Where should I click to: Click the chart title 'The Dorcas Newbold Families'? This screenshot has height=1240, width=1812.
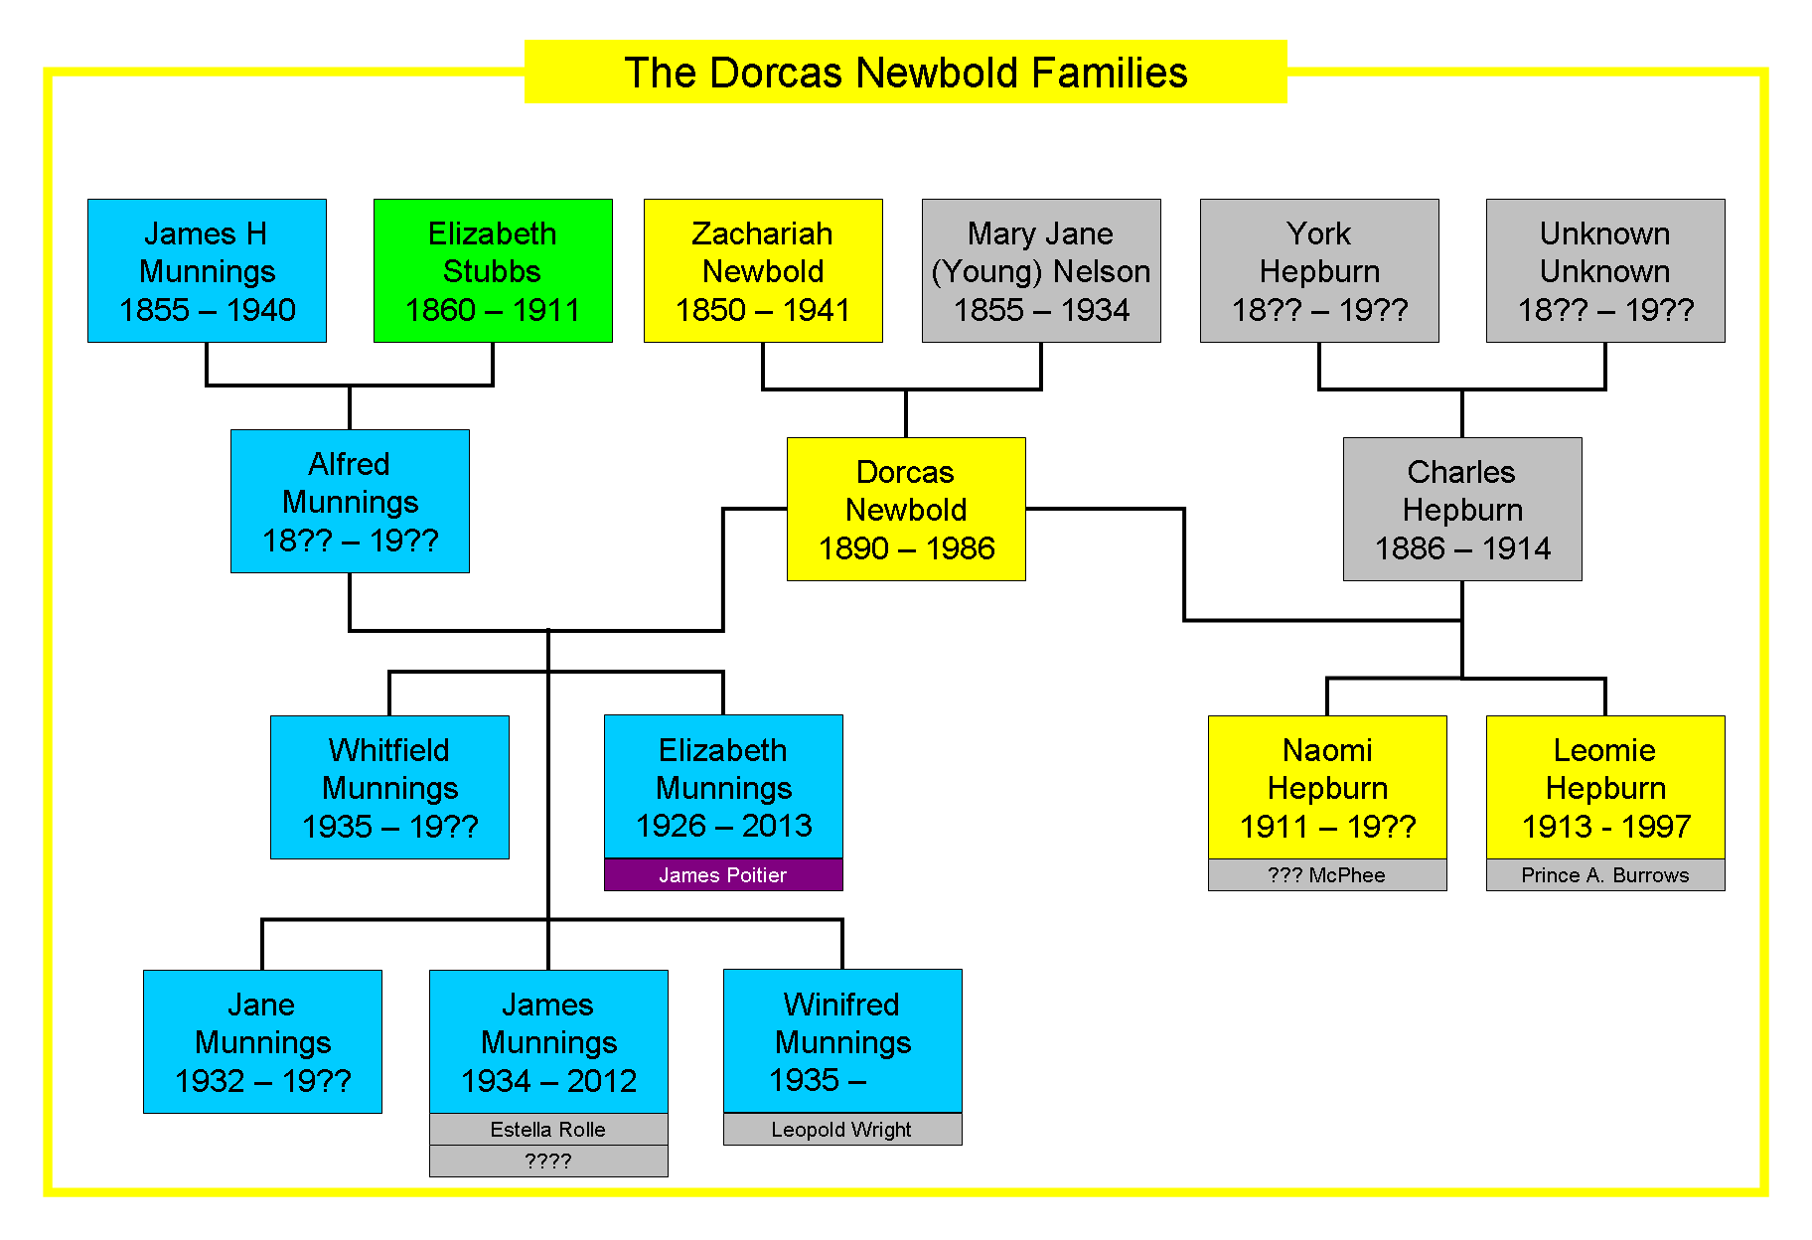click(905, 72)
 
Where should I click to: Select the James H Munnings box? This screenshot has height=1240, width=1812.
click(207, 270)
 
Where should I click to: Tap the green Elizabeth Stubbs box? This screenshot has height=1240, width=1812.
click(493, 270)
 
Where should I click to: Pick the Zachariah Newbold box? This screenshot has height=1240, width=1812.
click(763, 270)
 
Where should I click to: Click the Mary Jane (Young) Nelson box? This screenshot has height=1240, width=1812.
click(1041, 270)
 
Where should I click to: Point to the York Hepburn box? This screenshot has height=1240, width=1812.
click(1319, 270)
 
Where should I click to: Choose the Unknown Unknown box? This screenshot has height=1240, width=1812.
click(1605, 270)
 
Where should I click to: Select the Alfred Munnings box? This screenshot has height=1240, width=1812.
click(350, 501)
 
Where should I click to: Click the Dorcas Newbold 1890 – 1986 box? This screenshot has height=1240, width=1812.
click(906, 509)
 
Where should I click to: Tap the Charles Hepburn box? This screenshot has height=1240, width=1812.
click(1462, 509)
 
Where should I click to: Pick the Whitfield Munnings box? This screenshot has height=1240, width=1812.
click(389, 787)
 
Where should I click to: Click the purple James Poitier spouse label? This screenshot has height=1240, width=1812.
click(723, 874)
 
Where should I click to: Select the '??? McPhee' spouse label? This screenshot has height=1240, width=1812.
click(1327, 874)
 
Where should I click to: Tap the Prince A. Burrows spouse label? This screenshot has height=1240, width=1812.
click(1605, 874)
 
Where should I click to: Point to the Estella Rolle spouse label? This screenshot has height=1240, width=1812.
click(548, 1129)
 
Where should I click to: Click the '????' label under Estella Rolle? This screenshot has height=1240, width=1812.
click(548, 1161)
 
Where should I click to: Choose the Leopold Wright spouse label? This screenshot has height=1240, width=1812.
click(842, 1129)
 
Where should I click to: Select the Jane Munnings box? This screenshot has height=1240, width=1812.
click(262, 1041)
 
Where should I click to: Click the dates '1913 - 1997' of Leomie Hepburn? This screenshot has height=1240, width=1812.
click(1606, 826)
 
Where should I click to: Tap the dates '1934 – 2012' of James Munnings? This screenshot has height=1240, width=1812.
click(548, 1080)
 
